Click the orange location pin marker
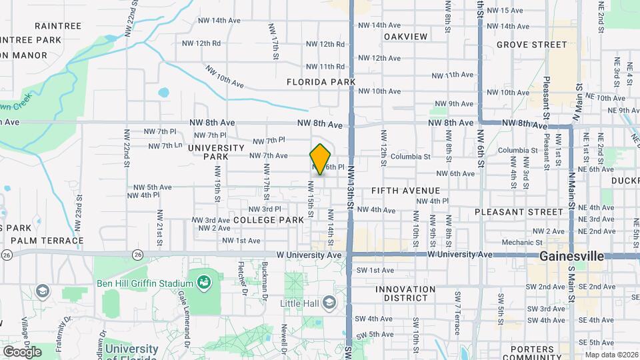coord(321,159)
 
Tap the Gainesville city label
coord(571,256)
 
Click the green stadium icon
coord(204,283)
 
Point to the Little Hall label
coord(299,303)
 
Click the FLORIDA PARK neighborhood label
coord(321,82)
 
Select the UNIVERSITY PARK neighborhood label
coord(217,152)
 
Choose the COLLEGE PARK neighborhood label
coord(269,219)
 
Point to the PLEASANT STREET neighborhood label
coord(519,212)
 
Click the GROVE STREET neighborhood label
coord(531,45)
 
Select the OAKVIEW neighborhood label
coord(405,35)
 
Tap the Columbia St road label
coord(410,157)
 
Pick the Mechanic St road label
coord(519,243)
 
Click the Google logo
coord(22,351)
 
